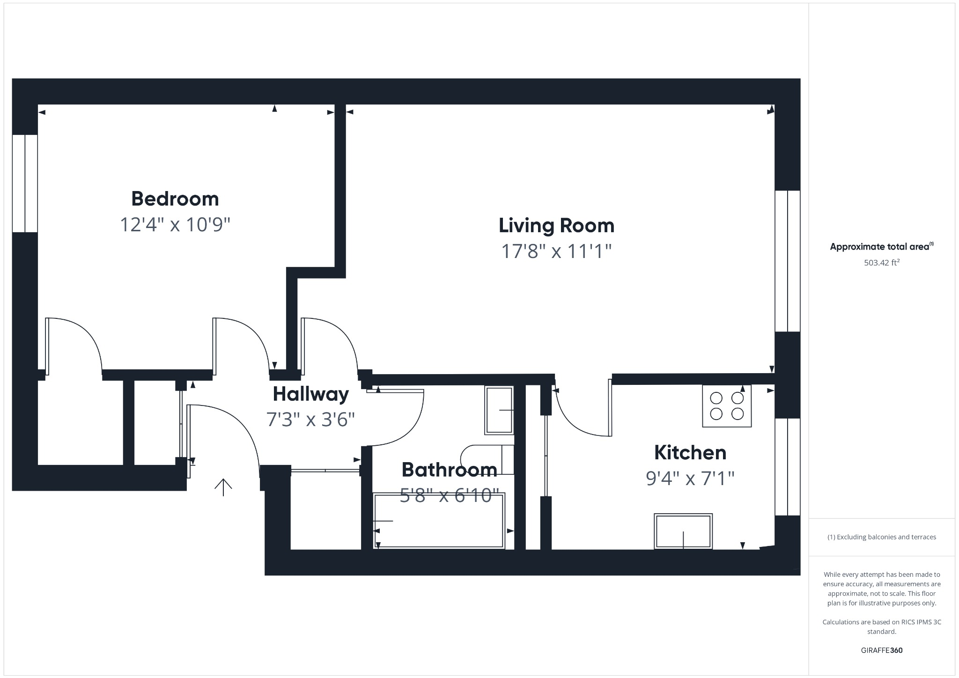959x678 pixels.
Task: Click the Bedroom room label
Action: tap(175, 199)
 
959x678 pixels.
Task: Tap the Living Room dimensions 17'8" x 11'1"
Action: tap(556, 251)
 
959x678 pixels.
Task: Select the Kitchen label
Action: tap(690, 453)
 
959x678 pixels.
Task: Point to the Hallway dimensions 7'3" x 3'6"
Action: tap(310, 420)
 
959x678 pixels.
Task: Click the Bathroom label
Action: tap(449, 470)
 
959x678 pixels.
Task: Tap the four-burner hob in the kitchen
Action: tap(727, 406)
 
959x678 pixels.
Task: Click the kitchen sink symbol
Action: tap(683, 531)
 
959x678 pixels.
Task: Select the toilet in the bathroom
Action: tap(487, 460)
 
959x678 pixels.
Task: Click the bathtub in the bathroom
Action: tap(439, 520)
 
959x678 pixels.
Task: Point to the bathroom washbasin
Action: tap(499, 410)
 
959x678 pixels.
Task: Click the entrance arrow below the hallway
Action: tap(223, 487)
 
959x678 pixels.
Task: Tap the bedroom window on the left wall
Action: tap(25, 183)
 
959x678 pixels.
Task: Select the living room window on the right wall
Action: tap(788, 261)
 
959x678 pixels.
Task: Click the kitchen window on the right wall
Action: tap(788, 467)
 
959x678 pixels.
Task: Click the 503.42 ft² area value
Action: tap(881, 263)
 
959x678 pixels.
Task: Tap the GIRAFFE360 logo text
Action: tap(881, 650)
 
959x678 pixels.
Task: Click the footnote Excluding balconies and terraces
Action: tap(881, 537)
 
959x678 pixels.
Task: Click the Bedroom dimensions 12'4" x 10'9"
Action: tap(175, 225)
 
